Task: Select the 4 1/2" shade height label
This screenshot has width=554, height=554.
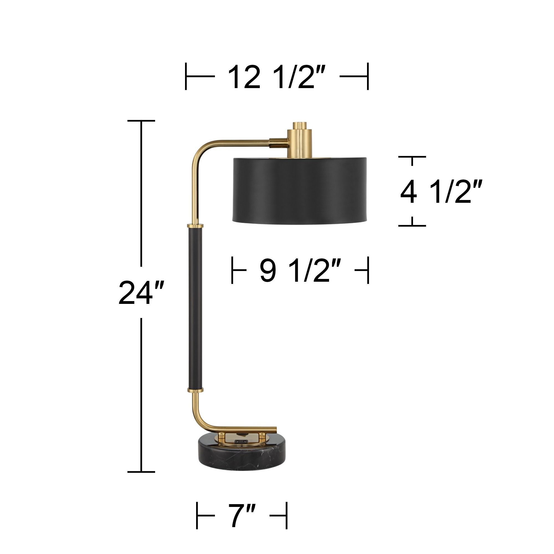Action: click(x=441, y=192)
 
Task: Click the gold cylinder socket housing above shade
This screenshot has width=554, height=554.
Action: click(x=300, y=143)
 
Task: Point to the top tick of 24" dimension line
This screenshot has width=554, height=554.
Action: click(x=141, y=121)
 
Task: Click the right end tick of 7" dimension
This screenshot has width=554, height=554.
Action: click(x=287, y=516)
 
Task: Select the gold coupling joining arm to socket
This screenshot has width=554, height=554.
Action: click(x=278, y=143)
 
